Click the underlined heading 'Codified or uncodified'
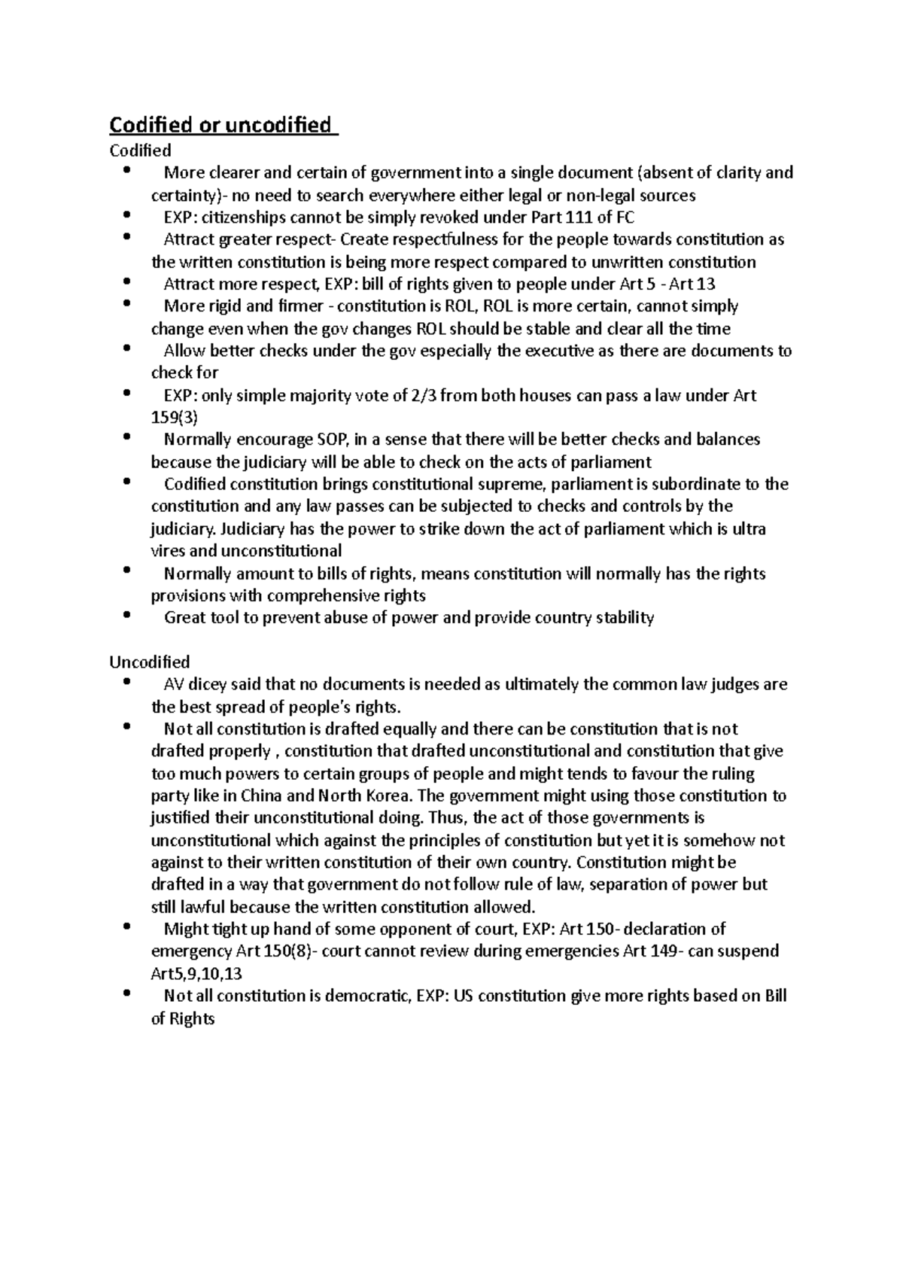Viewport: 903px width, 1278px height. (223, 124)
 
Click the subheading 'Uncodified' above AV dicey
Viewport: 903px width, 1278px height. (150, 662)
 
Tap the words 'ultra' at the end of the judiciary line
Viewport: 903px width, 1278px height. (749, 528)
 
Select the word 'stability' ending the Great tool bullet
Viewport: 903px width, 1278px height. (625, 618)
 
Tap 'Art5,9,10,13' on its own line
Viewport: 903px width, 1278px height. (196, 974)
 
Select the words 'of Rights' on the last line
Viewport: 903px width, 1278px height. (183, 1019)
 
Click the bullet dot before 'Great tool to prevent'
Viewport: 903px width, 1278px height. (126, 615)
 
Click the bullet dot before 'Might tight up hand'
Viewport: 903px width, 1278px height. (126, 926)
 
